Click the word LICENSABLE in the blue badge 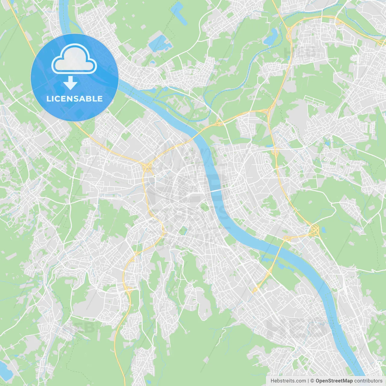pyautogui.click(x=74, y=99)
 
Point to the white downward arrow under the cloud pyautogui.click(x=71, y=83)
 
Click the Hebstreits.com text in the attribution pyautogui.click(x=288, y=381)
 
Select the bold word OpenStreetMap pyautogui.click(x=334, y=381)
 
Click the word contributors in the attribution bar pyautogui.click(x=368, y=381)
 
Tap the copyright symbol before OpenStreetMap pyautogui.click(x=312, y=381)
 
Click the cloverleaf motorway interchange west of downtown pyautogui.click(x=147, y=168)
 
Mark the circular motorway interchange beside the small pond pyautogui.click(x=315, y=230)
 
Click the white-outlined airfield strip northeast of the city pyautogui.click(x=314, y=100)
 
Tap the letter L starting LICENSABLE pyautogui.click(x=48, y=99)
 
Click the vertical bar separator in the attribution pyautogui.click(x=308, y=381)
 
